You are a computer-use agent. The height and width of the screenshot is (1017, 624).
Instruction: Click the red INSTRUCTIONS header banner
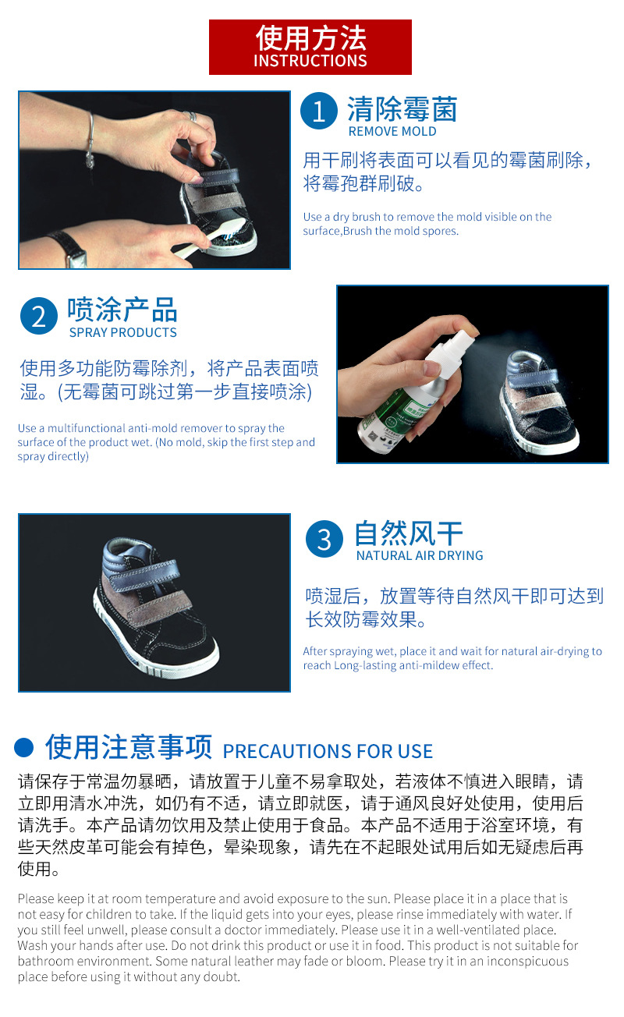[x=310, y=47]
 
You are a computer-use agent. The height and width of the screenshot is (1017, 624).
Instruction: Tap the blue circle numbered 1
[x=318, y=112]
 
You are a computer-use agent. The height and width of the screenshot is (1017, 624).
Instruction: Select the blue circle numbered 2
[x=39, y=316]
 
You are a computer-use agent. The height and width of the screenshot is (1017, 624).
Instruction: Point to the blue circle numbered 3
[x=324, y=539]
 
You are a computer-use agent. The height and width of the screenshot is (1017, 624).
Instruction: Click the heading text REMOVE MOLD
[x=392, y=132]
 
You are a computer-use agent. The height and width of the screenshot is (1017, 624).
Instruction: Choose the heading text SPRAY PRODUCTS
[x=123, y=332]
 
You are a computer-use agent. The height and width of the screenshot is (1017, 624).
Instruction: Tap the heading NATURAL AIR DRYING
[x=420, y=556]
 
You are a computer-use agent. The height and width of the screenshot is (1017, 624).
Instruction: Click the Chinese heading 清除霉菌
[x=402, y=109]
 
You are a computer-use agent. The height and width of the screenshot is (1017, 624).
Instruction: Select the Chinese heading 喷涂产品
[x=122, y=310]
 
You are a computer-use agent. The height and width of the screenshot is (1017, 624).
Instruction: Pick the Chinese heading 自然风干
[x=408, y=533]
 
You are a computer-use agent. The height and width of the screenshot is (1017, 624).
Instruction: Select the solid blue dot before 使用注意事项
[x=24, y=747]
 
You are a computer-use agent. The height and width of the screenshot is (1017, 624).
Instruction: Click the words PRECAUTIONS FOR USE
[x=328, y=751]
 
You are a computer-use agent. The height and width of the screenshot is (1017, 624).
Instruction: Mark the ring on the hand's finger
[x=192, y=116]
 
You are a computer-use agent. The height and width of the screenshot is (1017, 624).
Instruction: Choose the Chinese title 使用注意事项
[x=129, y=746]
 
